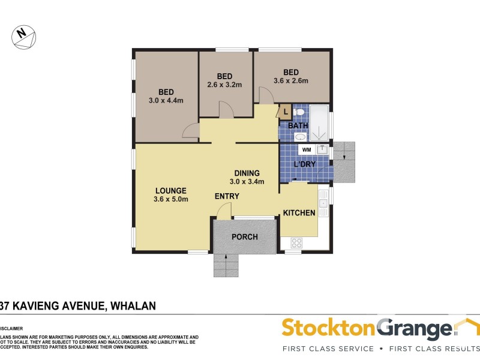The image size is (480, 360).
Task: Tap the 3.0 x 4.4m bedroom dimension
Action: pyautogui.click(x=166, y=100)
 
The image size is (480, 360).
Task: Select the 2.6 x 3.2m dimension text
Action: pyautogui.click(x=225, y=85)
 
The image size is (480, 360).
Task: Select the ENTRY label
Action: pyautogui.click(x=227, y=196)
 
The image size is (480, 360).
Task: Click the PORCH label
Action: pyautogui.click(x=245, y=237)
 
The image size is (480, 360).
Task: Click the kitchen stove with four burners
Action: pyautogui.click(x=296, y=243)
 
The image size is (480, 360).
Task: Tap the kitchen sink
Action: pyautogui.click(x=323, y=204)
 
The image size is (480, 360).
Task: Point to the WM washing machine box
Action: pyautogui.click(x=306, y=149)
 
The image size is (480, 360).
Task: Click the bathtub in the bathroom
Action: pyautogui.click(x=320, y=123)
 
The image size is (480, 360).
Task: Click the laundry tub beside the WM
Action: pyautogui.click(x=322, y=149)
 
